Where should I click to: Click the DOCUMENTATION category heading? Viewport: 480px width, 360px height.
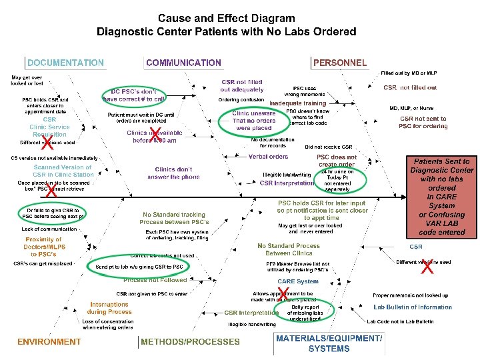(65, 63)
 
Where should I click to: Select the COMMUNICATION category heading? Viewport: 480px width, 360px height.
(183, 63)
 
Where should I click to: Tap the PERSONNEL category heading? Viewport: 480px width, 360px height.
(340, 63)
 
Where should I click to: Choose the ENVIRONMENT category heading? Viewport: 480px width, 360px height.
(49, 342)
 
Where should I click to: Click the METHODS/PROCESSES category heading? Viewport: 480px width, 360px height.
(190, 342)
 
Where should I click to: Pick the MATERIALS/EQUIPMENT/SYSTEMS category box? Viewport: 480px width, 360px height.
(329, 343)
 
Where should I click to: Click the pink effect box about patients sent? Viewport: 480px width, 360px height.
(441, 197)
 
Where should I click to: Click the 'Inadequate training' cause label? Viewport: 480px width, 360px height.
(298, 103)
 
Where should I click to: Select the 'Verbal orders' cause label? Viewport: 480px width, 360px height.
(268, 157)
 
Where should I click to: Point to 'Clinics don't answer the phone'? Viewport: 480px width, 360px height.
(173, 173)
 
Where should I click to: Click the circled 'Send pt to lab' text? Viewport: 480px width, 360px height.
(139, 267)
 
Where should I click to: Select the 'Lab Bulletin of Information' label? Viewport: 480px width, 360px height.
(413, 307)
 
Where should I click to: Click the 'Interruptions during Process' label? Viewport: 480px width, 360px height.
(110, 308)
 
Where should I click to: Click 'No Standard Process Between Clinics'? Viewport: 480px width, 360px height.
(288, 249)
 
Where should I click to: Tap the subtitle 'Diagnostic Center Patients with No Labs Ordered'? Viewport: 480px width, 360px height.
(226, 31)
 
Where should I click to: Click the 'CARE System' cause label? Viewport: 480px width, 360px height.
(298, 281)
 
